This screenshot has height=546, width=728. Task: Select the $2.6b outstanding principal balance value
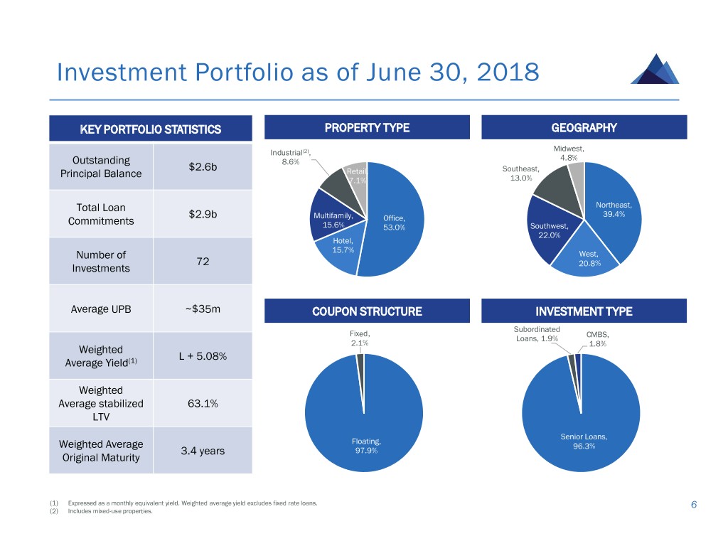203,167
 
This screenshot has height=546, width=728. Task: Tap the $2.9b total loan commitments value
203,214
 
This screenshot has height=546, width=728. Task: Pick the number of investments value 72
203,262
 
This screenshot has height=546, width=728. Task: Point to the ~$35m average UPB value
203,309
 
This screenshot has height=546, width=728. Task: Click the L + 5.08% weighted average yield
203,356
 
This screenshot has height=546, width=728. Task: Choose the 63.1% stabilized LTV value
203,404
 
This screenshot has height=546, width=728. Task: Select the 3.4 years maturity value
203,451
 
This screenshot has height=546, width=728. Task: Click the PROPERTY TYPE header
367,128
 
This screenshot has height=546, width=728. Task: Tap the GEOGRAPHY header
584,128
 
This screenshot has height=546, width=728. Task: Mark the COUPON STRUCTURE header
367,311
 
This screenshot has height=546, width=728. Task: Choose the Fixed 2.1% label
360,338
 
